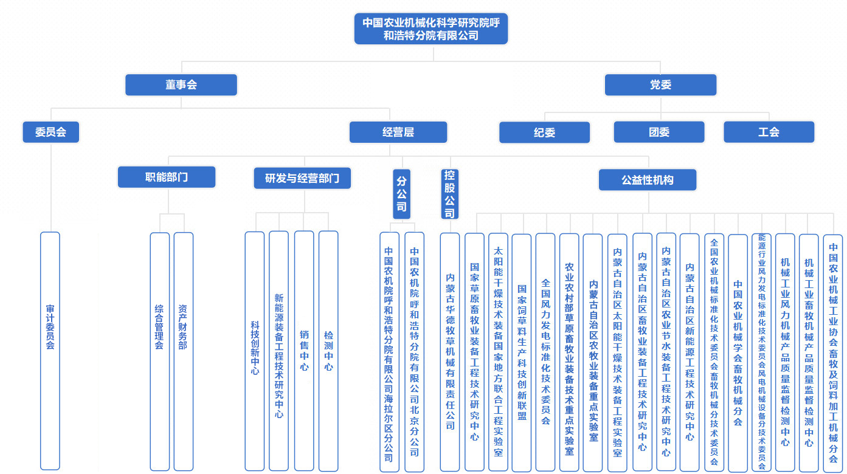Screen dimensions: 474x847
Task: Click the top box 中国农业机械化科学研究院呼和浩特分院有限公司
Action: [430, 29]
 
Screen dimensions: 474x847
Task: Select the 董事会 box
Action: [181, 85]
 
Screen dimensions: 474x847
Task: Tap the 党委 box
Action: [660, 85]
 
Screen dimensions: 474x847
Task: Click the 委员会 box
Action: [51, 132]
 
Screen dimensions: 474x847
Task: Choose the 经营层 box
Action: [398, 132]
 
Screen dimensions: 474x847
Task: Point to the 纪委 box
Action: [544, 132]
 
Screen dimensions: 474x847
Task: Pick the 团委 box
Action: [659, 132]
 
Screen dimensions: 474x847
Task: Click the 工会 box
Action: [769, 132]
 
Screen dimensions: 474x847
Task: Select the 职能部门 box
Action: [167, 177]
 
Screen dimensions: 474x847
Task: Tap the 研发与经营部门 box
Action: [302, 178]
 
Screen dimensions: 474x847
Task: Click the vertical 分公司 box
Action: [401, 193]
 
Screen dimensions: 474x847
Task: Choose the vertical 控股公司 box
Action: [449, 193]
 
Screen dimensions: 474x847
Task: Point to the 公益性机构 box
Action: [647, 180]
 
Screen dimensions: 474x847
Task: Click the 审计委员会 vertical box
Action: [50, 351]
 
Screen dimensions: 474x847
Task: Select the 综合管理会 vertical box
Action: [159, 351]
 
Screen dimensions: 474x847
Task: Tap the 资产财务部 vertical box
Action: [183, 351]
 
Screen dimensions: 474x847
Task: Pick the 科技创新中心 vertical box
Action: [255, 351]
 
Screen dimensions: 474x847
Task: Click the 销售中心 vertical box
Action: [304, 351]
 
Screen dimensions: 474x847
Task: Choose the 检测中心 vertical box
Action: [328, 351]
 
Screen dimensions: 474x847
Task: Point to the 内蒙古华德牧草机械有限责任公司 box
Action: [450, 352]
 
